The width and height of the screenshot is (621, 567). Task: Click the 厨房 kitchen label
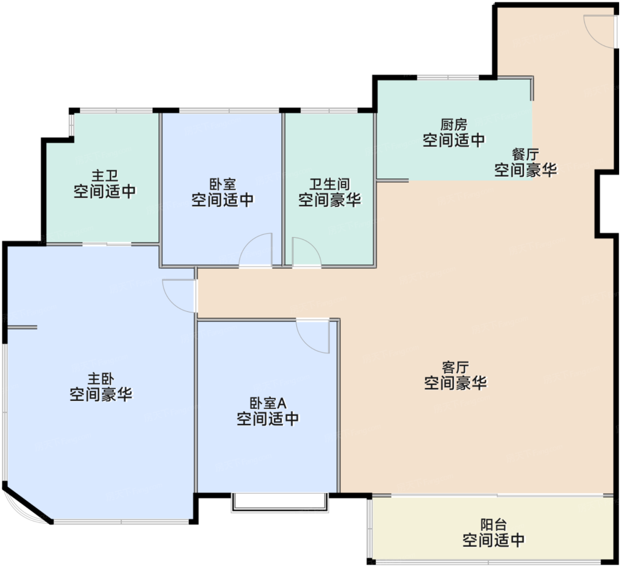(453, 125)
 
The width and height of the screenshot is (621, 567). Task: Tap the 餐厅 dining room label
(525, 154)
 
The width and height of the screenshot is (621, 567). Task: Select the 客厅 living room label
(456, 367)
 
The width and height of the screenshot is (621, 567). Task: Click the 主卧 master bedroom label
(101, 379)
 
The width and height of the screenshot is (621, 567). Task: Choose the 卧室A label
(268, 403)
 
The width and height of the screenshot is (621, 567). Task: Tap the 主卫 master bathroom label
(105, 176)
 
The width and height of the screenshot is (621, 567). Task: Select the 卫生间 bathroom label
(330, 184)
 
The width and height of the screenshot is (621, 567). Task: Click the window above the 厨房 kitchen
(448, 77)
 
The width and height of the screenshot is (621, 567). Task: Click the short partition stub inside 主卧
(22, 327)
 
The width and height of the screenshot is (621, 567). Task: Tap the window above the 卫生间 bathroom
(329, 110)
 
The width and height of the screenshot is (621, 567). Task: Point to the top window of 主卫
(116, 110)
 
